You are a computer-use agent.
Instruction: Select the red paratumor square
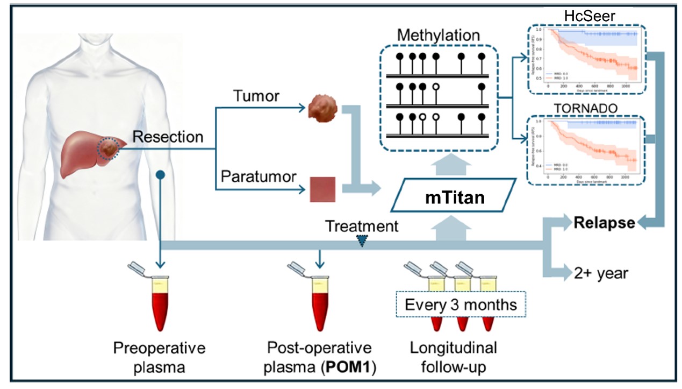click(x=322, y=189)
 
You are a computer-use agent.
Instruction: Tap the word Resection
click(x=168, y=137)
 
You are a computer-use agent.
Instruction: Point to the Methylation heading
click(x=439, y=36)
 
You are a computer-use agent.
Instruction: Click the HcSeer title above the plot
click(x=590, y=16)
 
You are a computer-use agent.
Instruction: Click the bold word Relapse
click(x=604, y=222)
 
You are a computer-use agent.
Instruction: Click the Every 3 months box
click(x=461, y=305)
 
